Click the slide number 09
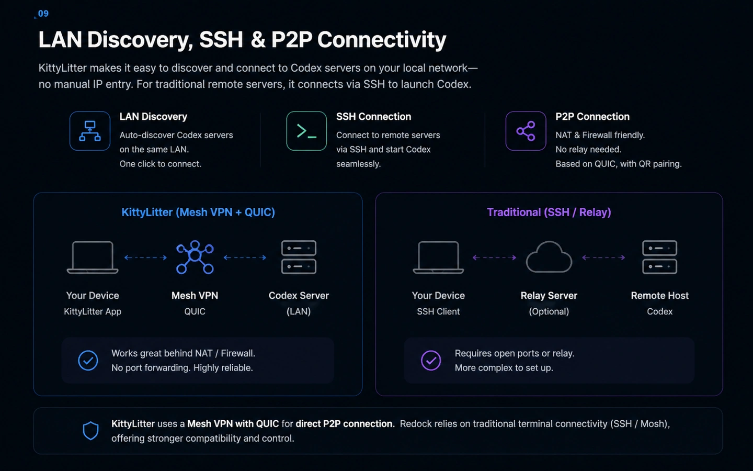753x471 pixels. point(43,14)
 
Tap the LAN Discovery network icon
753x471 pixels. point(90,131)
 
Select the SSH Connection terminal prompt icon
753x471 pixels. point(306,131)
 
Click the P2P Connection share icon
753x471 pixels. point(526,131)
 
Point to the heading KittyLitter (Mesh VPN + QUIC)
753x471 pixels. point(198,212)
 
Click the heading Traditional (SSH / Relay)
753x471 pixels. point(549,212)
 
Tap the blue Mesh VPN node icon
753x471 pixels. point(195,257)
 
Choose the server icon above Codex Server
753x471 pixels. point(299,257)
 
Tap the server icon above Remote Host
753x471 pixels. point(659,257)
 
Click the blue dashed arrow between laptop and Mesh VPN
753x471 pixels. point(145,257)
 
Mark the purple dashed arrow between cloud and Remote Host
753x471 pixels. point(603,257)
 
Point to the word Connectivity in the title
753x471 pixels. point(382,40)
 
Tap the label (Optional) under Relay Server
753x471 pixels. point(549,311)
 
